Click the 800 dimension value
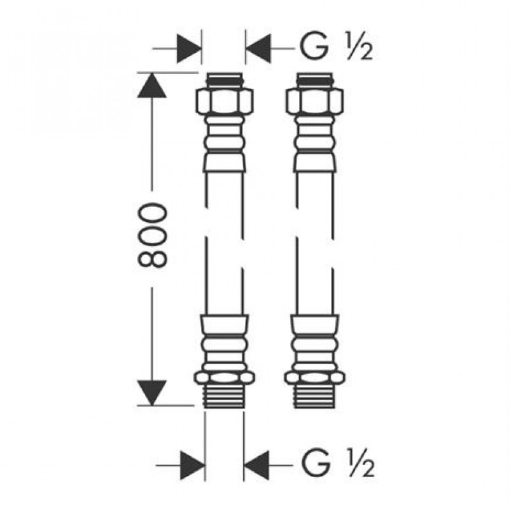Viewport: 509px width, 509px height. pyautogui.click(x=152, y=235)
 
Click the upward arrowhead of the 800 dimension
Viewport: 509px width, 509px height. pyautogui.click(x=152, y=85)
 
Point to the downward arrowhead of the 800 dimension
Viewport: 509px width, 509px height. pyautogui.click(x=152, y=393)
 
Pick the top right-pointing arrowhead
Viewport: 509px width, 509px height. pyautogui.click(x=189, y=49)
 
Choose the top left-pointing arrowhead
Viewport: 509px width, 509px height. pyautogui.click(x=258, y=49)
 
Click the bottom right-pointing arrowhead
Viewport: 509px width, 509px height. pyautogui.click(x=193, y=465)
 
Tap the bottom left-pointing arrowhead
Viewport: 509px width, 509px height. pyautogui.click(x=256, y=465)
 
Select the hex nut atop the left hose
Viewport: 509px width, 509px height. pyautogui.click(x=225, y=101)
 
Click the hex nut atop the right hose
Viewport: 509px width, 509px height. pyautogui.click(x=314, y=101)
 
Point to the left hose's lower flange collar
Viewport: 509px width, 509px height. pyautogui.click(x=224, y=377)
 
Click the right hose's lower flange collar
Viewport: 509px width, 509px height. pyautogui.click(x=314, y=377)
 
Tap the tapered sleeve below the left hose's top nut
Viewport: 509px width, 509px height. pyautogui.click(x=225, y=162)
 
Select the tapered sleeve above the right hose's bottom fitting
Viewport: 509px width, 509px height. pyautogui.click(x=314, y=324)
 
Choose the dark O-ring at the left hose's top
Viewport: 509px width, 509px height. pyautogui.click(x=225, y=78)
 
